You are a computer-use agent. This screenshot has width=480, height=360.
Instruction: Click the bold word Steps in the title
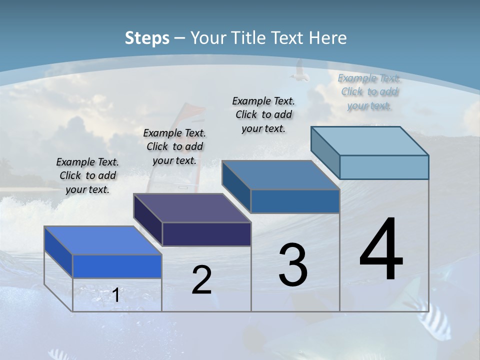point(147,38)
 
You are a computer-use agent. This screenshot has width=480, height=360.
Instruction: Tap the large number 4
point(381,250)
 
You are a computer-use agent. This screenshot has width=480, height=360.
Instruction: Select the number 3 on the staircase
point(293,265)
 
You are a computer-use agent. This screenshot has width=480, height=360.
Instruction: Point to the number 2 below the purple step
point(201,280)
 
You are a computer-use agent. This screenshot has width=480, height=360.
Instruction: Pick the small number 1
point(116,295)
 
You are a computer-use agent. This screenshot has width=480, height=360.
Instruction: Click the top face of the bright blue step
point(103,240)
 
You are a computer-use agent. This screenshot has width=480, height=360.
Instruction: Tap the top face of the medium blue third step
point(280,175)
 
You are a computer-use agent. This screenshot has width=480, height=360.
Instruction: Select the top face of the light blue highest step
point(369,141)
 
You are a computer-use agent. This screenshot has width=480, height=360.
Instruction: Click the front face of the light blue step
point(384,167)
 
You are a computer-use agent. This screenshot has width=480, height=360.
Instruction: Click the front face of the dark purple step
point(206,234)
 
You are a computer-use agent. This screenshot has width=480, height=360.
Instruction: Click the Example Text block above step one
point(87,175)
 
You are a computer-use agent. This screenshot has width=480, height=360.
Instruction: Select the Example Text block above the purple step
point(174,146)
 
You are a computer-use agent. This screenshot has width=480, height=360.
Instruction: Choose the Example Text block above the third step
point(263,114)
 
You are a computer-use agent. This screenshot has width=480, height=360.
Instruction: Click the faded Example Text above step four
point(369,91)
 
